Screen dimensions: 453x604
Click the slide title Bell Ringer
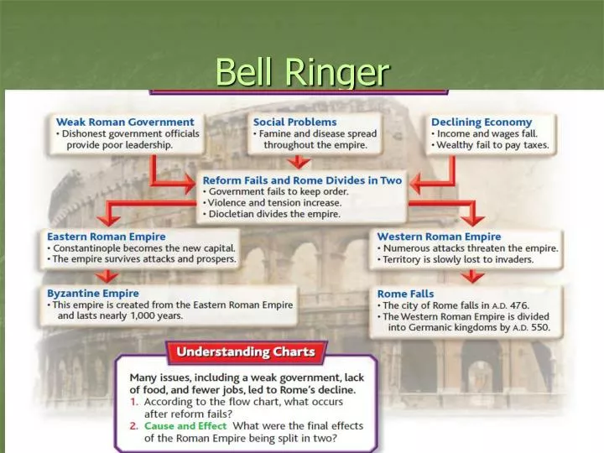302,72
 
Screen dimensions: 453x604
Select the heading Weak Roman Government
125,122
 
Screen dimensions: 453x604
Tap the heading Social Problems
294,122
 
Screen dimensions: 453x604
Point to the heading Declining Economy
482,122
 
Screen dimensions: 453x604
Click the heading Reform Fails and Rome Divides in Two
302,180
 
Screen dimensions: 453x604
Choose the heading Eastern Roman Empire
107,237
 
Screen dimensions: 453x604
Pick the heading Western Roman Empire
439,237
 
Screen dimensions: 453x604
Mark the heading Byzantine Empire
93,294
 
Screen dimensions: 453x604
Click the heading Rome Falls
406,294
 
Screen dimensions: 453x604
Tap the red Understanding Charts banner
245,352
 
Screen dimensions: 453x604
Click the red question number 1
133,402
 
